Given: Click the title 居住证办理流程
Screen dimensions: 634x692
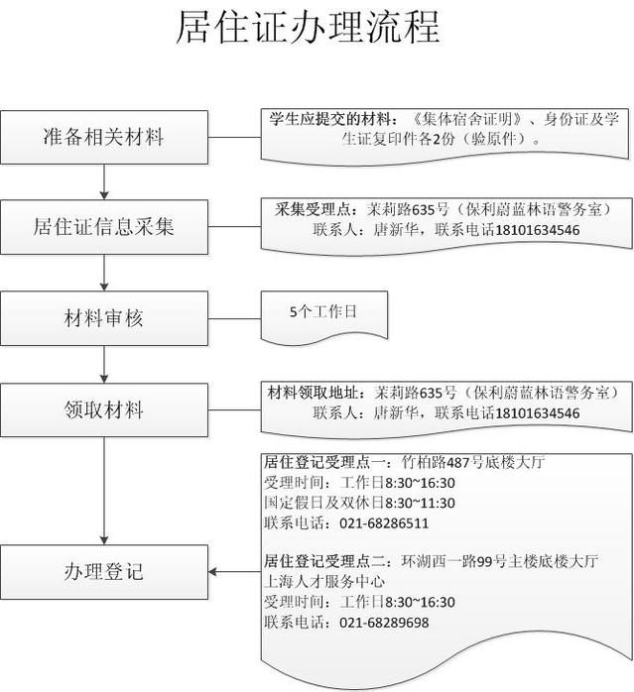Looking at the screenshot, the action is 308,28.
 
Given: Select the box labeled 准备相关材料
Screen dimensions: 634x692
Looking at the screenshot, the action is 104,137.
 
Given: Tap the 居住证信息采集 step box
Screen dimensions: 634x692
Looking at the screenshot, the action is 104,227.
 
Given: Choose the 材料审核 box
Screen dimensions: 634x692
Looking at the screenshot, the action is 104,318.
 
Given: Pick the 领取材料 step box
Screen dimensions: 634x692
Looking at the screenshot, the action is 104,410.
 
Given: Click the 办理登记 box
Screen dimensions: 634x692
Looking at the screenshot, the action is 104,572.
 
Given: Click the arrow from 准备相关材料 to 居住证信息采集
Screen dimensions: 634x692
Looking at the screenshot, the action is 104,181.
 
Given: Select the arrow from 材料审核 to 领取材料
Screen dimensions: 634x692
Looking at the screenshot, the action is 104,364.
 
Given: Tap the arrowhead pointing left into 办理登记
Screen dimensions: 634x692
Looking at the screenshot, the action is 212,572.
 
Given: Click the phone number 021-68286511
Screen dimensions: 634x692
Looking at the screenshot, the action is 384,523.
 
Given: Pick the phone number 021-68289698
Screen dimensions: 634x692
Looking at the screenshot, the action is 384,623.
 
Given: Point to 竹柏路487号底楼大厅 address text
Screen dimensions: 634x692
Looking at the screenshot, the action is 472,463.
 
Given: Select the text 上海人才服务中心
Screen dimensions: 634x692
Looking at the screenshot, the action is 324,582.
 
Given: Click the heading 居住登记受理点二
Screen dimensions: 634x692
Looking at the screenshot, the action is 324,561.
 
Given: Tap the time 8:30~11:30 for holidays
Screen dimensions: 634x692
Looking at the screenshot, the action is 420,503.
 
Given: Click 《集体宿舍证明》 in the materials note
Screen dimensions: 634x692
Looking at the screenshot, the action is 467,119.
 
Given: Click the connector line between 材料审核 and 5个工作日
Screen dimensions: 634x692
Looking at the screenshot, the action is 234,318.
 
